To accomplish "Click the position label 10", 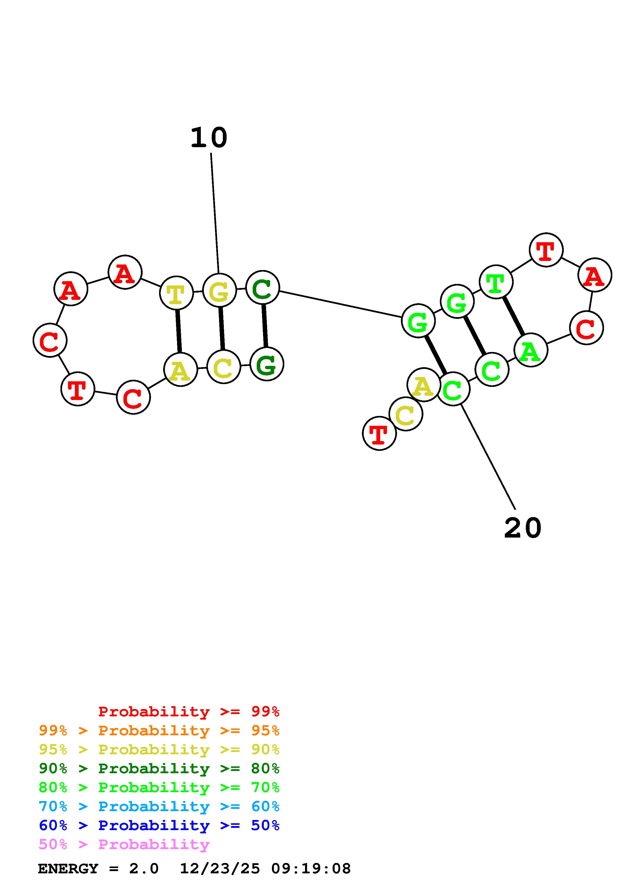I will pyautogui.click(x=209, y=138).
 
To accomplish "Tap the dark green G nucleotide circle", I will pyautogui.click(x=267, y=364).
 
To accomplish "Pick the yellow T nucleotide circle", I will pyautogui.click(x=176, y=293).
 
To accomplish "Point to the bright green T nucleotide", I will pyautogui.click(x=496, y=282).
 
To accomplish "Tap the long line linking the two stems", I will pyautogui.click(x=340, y=304).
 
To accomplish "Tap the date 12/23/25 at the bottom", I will pyautogui.click(x=220, y=869).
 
